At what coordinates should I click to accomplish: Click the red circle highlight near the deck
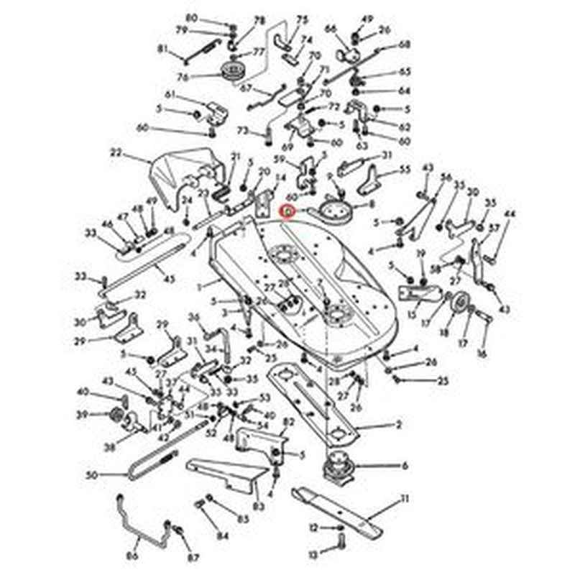tap(287, 212)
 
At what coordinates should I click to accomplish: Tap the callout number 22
tap(116, 152)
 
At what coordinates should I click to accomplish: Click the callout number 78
tap(259, 20)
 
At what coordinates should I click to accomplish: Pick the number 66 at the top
tap(331, 29)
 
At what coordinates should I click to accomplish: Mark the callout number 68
tap(405, 45)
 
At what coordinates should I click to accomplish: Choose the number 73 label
tap(242, 131)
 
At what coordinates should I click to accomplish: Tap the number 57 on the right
tap(494, 228)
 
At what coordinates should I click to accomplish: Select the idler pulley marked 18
tap(457, 307)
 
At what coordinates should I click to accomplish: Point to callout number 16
tap(482, 354)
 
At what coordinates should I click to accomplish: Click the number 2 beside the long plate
tap(399, 425)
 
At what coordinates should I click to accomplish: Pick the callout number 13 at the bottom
tap(313, 554)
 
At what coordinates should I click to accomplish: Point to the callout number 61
tap(170, 95)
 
